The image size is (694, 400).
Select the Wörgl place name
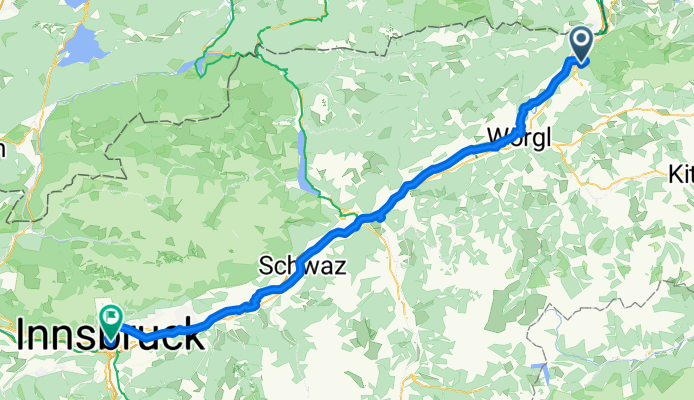point(519,136)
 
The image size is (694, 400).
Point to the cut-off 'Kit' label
point(680,174)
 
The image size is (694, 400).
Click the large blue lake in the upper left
point(81,46)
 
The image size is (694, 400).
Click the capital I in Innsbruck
point(22,337)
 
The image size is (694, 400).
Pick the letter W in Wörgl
point(498,136)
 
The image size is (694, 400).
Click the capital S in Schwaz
point(265,267)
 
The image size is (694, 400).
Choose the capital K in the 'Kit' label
point(674,174)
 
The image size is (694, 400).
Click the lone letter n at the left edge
point(2,150)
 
